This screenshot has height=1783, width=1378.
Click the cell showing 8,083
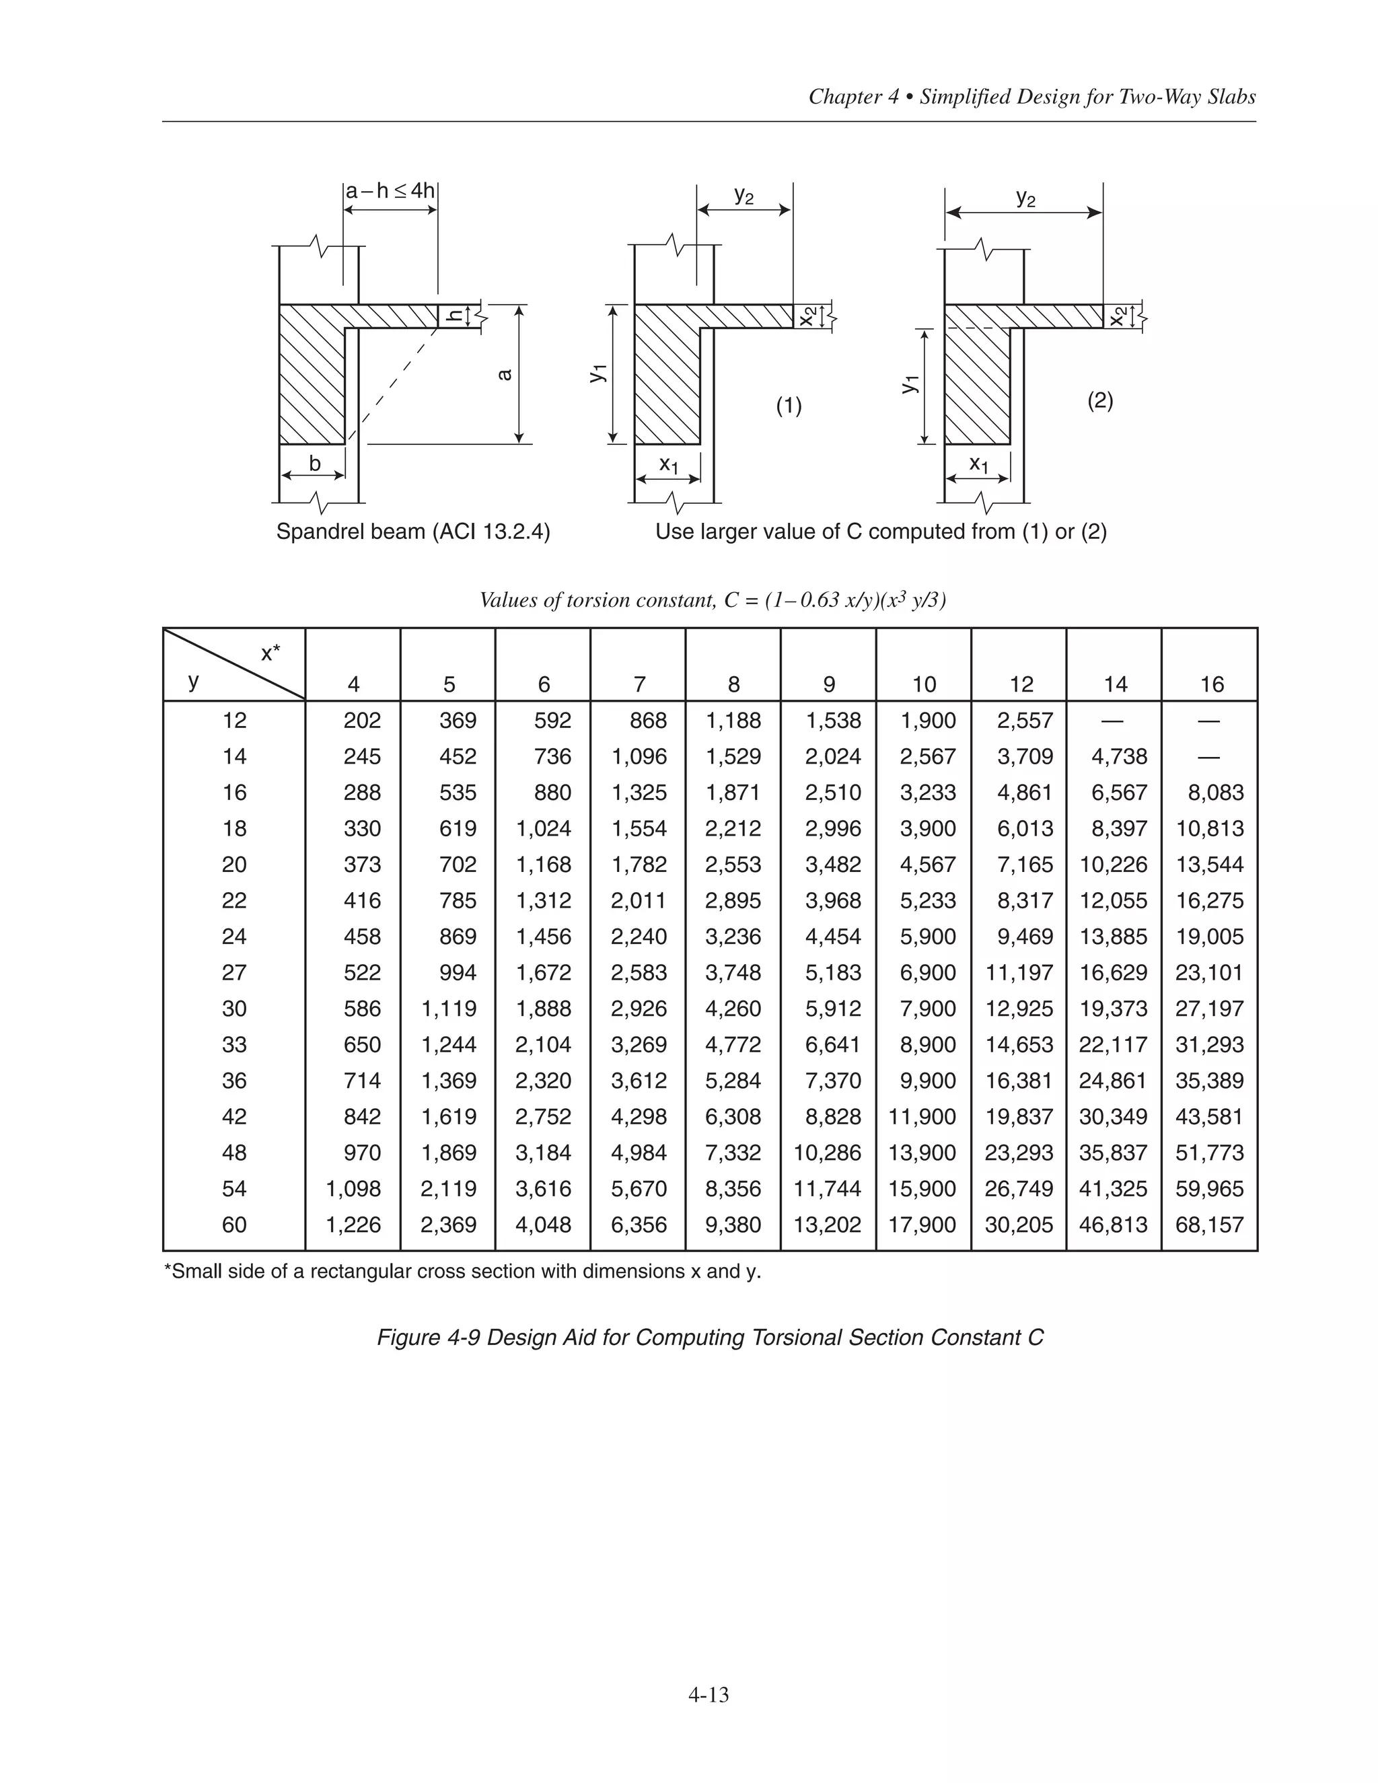point(1209,793)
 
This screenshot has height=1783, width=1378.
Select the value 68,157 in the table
point(1209,1225)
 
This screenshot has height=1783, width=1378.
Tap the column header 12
point(1021,684)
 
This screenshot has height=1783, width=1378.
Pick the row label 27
point(234,972)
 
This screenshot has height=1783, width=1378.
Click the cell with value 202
point(361,720)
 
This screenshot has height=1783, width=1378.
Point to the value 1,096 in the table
point(639,757)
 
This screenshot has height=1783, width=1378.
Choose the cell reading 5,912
point(833,1009)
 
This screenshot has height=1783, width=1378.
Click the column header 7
point(639,684)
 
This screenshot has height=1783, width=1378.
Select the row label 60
point(234,1225)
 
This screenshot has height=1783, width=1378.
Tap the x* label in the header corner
point(270,653)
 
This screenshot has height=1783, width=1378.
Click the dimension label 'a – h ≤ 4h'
point(390,191)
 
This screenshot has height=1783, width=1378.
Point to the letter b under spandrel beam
point(315,464)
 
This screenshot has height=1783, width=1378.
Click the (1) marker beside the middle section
point(789,406)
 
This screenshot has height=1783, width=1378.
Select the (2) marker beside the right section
point(1099,401)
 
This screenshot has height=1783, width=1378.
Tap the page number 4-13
point(708,1696)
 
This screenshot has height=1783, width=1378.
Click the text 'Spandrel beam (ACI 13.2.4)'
point(413,532)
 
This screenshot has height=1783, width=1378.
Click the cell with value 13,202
point(827,1225)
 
